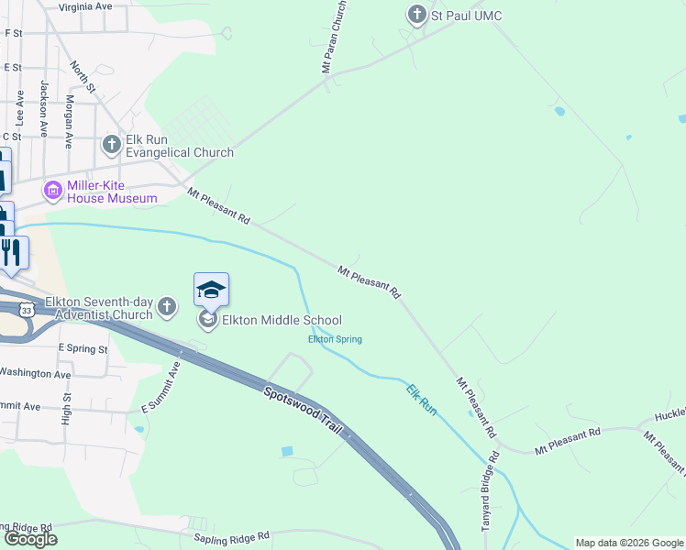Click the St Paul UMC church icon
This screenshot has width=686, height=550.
coord(416,15)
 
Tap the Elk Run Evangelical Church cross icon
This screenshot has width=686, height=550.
coord(111,144)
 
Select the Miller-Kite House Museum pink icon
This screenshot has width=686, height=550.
coord(52,191)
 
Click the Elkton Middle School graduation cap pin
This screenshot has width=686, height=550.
coord(211,291)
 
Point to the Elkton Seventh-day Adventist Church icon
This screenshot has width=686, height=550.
coord(166,307)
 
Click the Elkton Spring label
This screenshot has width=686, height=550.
coord(335,339)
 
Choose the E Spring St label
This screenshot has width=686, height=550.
coord(83,349)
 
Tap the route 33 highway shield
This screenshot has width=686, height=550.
coord(28,310)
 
